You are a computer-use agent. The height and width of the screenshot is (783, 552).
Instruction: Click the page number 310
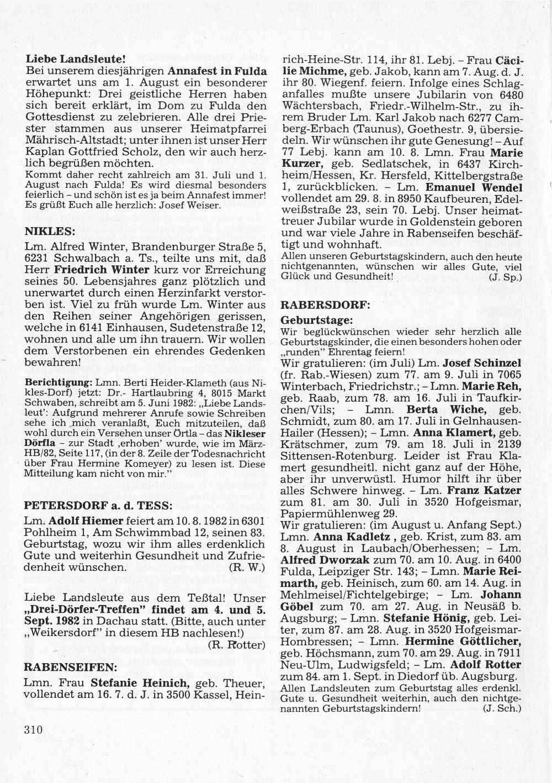33,729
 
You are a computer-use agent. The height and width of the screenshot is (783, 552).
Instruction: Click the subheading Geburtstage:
316,320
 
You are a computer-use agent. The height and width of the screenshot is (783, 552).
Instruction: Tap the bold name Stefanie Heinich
140,682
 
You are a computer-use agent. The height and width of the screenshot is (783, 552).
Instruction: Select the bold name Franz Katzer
484,490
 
